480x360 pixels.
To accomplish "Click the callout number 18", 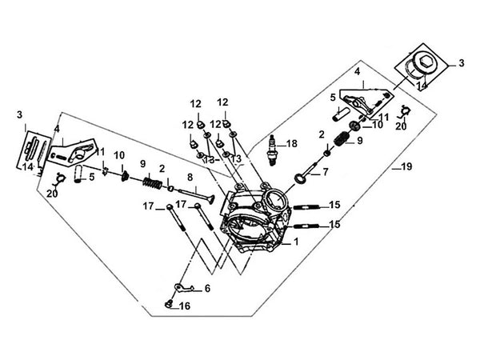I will pos(292,144).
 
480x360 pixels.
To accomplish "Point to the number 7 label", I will pos(326,172).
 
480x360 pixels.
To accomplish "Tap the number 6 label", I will pos(207,289).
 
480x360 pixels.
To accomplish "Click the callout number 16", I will pos(184,306).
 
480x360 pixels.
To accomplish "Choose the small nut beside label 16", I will pos(169,304).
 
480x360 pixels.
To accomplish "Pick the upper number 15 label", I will pos(334,205).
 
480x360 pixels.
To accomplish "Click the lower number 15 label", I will pos(334,225).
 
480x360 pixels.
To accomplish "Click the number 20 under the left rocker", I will pos(52,193).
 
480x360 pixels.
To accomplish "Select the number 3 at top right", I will pos(461,62).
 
